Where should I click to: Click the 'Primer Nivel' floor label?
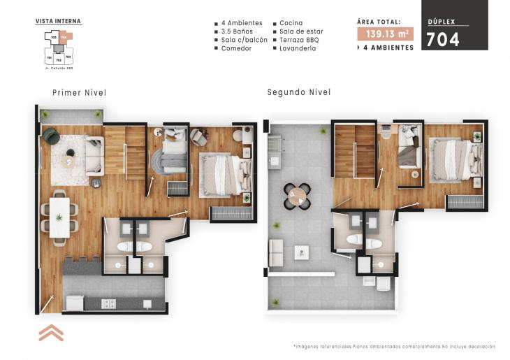click(x=79, y=92)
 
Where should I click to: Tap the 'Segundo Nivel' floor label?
click(x=298, y=92)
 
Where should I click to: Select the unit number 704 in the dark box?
click(x=444, y=39)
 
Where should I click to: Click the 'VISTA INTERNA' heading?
click(x=58, y=21)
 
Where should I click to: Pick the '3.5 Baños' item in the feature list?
click(x=236, y=31)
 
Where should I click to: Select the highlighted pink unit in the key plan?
click(x=64, y=35)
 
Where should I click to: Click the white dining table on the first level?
click(x=59, y=216)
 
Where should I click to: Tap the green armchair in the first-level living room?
click(x=51, y=136)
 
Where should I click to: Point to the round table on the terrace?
click(x=298, y=196)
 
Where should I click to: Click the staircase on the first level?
click(x=125, y=153)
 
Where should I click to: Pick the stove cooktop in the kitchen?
click(x=108, y=303)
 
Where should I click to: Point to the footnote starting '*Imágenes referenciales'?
click(x=394, y=347)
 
